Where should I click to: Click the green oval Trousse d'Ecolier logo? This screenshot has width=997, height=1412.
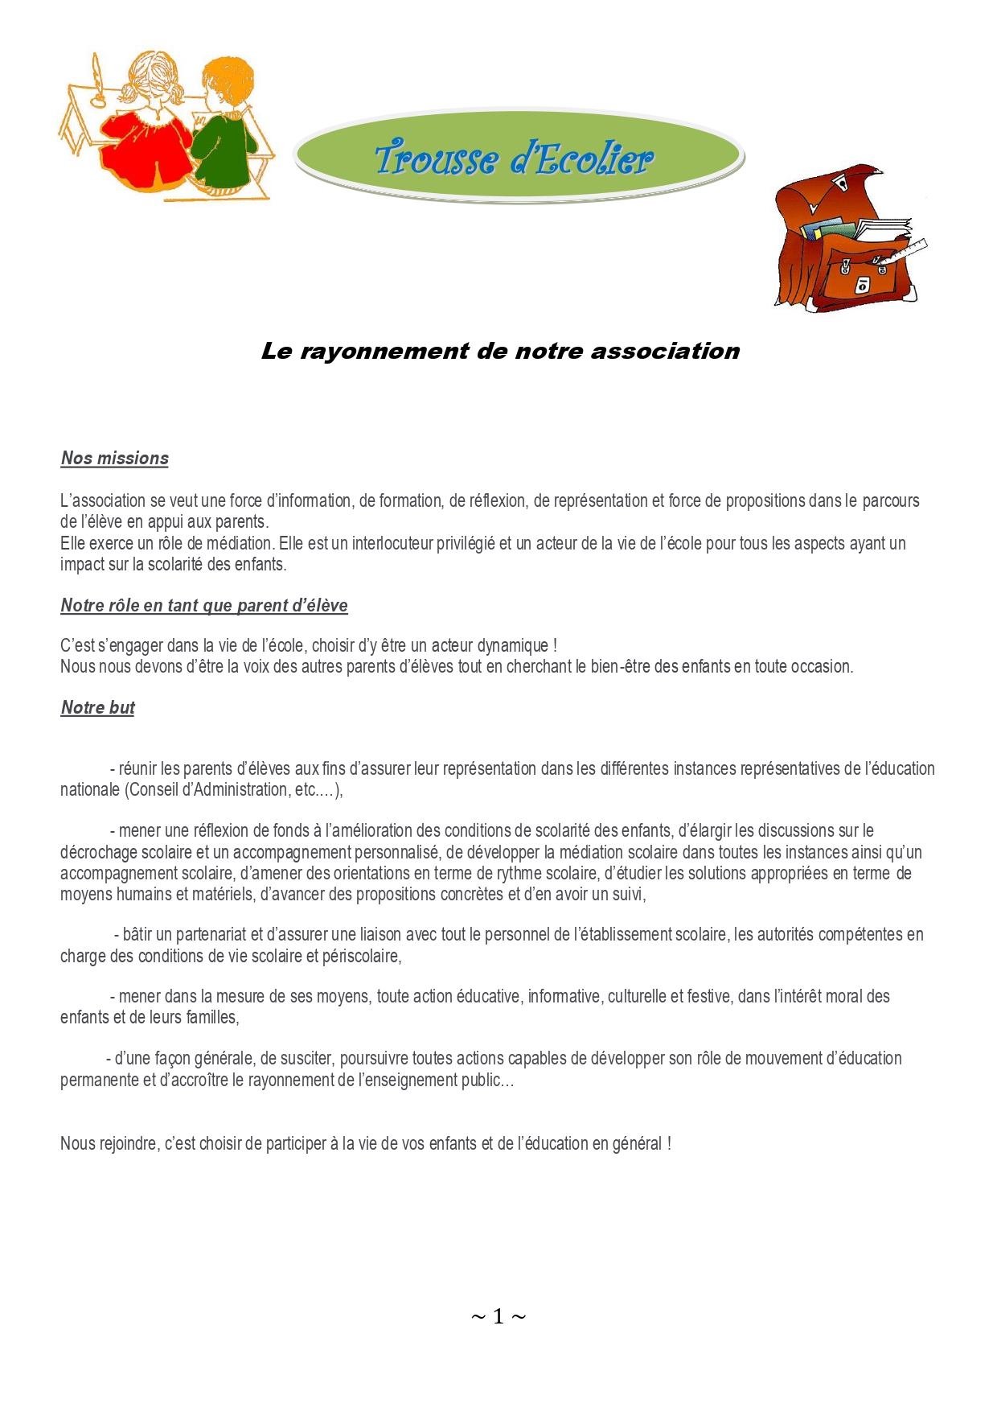[519, 156]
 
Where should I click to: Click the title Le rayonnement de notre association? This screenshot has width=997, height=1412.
[500, 352]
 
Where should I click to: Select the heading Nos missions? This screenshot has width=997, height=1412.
[115, 459]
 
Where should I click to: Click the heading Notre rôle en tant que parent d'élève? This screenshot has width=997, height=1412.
[204, 606]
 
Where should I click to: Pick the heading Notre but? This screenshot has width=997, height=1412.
[98, 708]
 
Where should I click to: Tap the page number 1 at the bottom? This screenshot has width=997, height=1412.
[498, 1316]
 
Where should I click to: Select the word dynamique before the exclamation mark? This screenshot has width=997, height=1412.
[513, 646]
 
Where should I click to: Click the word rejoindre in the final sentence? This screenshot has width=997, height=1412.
[129, 1144]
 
